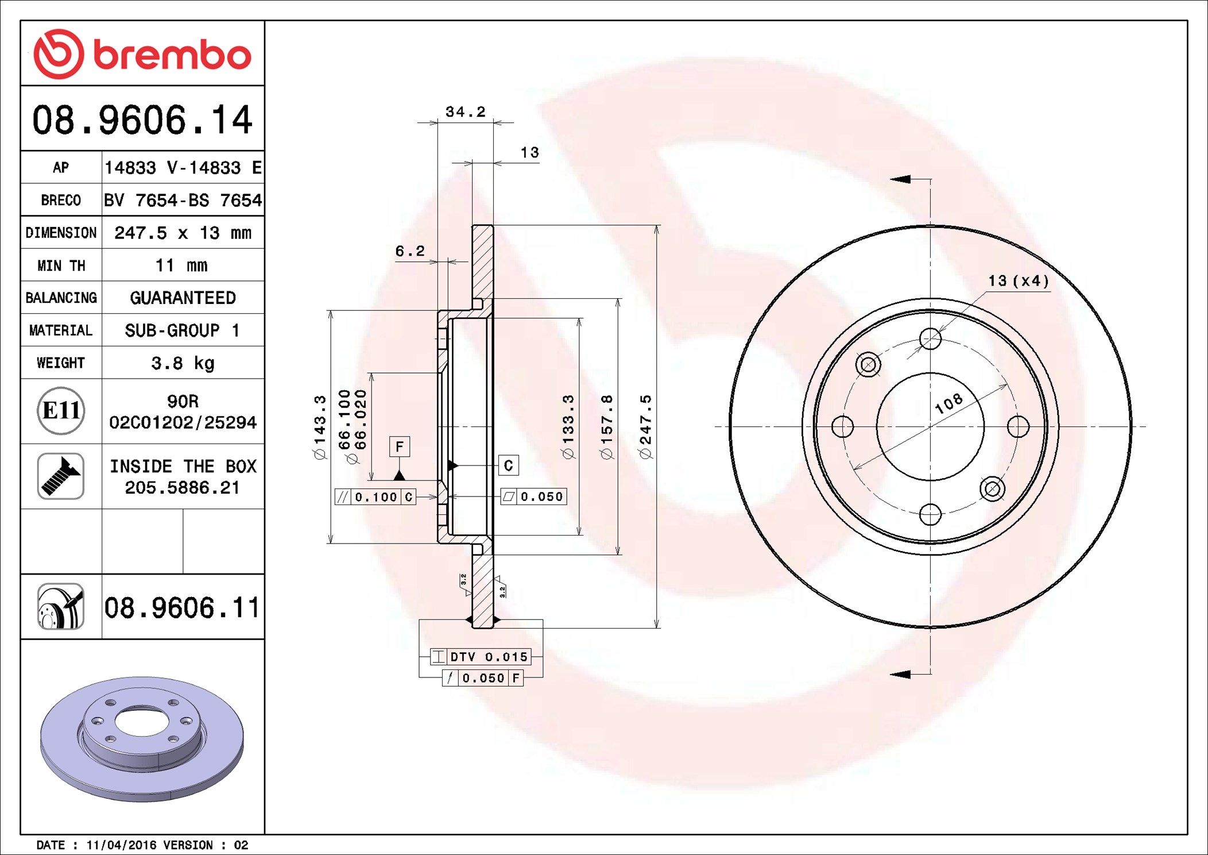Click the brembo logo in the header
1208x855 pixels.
tap(142, 54)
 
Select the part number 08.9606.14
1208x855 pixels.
tap(142, 120)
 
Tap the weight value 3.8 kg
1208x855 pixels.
tap(183, 363)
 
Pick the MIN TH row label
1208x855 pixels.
tap(61, 265)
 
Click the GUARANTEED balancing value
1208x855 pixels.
tap(183, 298)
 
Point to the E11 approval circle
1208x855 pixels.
tap(61, 410)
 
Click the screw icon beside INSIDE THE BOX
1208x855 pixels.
tap(61, 476)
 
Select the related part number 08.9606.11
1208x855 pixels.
tap(182, 607)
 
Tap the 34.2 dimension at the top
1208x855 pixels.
tap(466, 111)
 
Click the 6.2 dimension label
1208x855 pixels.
tap(410, 251)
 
